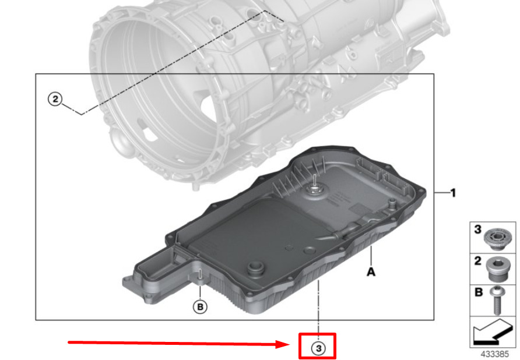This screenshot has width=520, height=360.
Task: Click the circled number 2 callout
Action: click(55, 99)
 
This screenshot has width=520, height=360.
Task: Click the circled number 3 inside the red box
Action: click(318, 348)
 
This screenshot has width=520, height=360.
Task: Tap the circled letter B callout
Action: click(200, 306)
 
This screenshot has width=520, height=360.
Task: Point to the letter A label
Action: click(371, 272)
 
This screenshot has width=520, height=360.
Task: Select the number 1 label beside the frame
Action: click(452, 193)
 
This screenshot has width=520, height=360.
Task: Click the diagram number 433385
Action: click(494, 354)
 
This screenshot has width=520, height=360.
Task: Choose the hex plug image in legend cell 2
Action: click(497, 269)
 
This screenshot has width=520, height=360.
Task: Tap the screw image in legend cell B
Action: click(497, 301)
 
